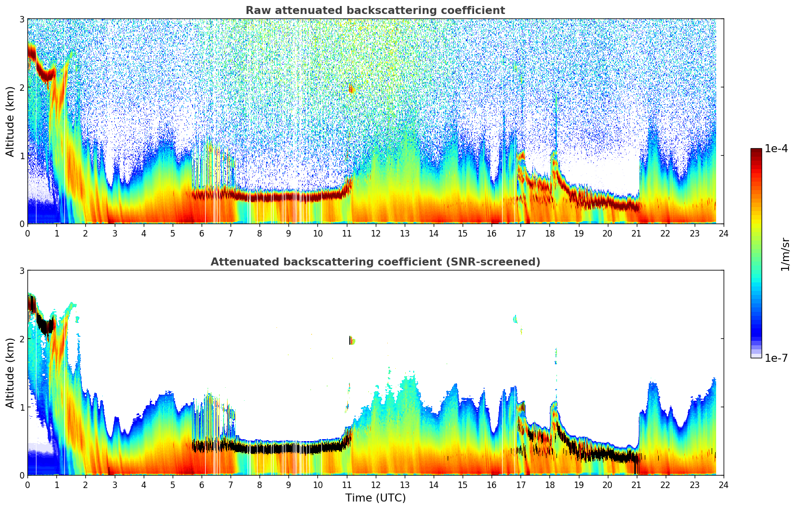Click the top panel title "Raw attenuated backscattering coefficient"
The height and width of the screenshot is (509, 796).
(x=375, y=10)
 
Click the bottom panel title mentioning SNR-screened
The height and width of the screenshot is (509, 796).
(x=375, y=262)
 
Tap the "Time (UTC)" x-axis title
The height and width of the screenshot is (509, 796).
(x=375, y=498)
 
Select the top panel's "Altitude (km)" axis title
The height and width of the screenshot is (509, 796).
(x=10, y=121)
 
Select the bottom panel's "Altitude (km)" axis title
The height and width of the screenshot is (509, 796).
(x=10, y=373)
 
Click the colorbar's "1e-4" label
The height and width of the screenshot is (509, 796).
(x=776, y=149)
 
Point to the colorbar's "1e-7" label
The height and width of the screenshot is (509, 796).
(x=776, y=358)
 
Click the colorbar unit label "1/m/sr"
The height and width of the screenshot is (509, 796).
(x=785, y=254)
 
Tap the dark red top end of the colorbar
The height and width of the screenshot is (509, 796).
(x=756, y=151)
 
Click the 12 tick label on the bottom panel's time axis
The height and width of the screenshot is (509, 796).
(x=375, y=485)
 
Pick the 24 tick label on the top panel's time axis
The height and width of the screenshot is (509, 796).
(x=723, y=233)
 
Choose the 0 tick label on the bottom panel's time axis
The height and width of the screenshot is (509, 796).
(x=27, y=485)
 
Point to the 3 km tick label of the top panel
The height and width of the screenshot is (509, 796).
(x=22, y=19)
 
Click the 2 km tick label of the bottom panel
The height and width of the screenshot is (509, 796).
(x=22, y=339)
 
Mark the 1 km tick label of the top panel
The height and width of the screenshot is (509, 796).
(x=22, y=156)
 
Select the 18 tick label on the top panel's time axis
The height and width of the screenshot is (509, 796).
(x=549, y=233)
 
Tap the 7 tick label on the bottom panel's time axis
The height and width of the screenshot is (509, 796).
(x=231, y=485)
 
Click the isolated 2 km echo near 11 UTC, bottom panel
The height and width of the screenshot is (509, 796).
(x=351, y=340)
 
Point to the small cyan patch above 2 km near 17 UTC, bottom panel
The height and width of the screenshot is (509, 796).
(x=515, y=319)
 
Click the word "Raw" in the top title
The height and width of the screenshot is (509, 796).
(x=256, y=10)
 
